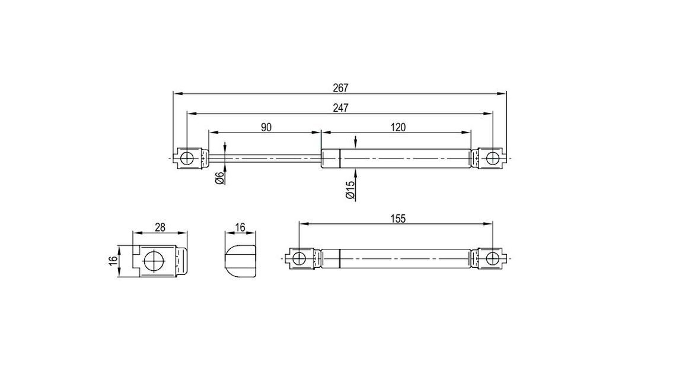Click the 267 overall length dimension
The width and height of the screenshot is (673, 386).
click(x=340, y=88)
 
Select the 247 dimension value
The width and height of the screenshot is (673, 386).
click(x=340, y=107)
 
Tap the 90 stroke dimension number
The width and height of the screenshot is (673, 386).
click(x=266, y=127)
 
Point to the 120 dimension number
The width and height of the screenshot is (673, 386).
click(x=398, y=127)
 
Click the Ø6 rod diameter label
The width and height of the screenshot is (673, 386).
click(x=219, y=178)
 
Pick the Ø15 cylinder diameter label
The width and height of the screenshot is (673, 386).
click(x=350, y=189)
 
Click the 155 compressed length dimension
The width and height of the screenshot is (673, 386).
click(x=398, y=219)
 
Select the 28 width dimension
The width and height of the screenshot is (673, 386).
click(x=160, y=227)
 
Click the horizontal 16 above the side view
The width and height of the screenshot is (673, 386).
click(x=240, y=227)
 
